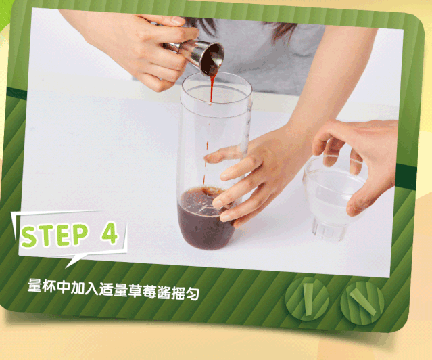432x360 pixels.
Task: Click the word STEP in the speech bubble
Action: [x=54, y=235]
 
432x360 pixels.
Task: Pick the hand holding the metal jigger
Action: [x=143, y=47]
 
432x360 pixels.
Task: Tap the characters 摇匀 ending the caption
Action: [x=185, y=293]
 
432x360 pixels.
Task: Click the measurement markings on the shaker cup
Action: [x=248, y=129]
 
